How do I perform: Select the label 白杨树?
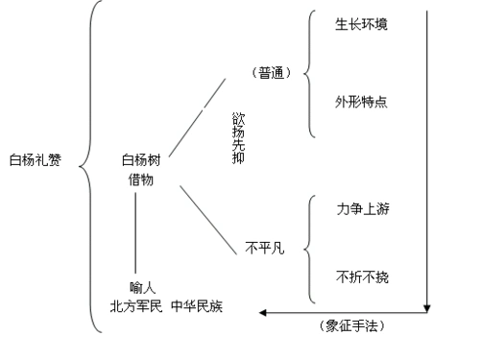point(141,159)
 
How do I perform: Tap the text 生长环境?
point(362,22)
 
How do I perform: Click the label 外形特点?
point(362,100)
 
